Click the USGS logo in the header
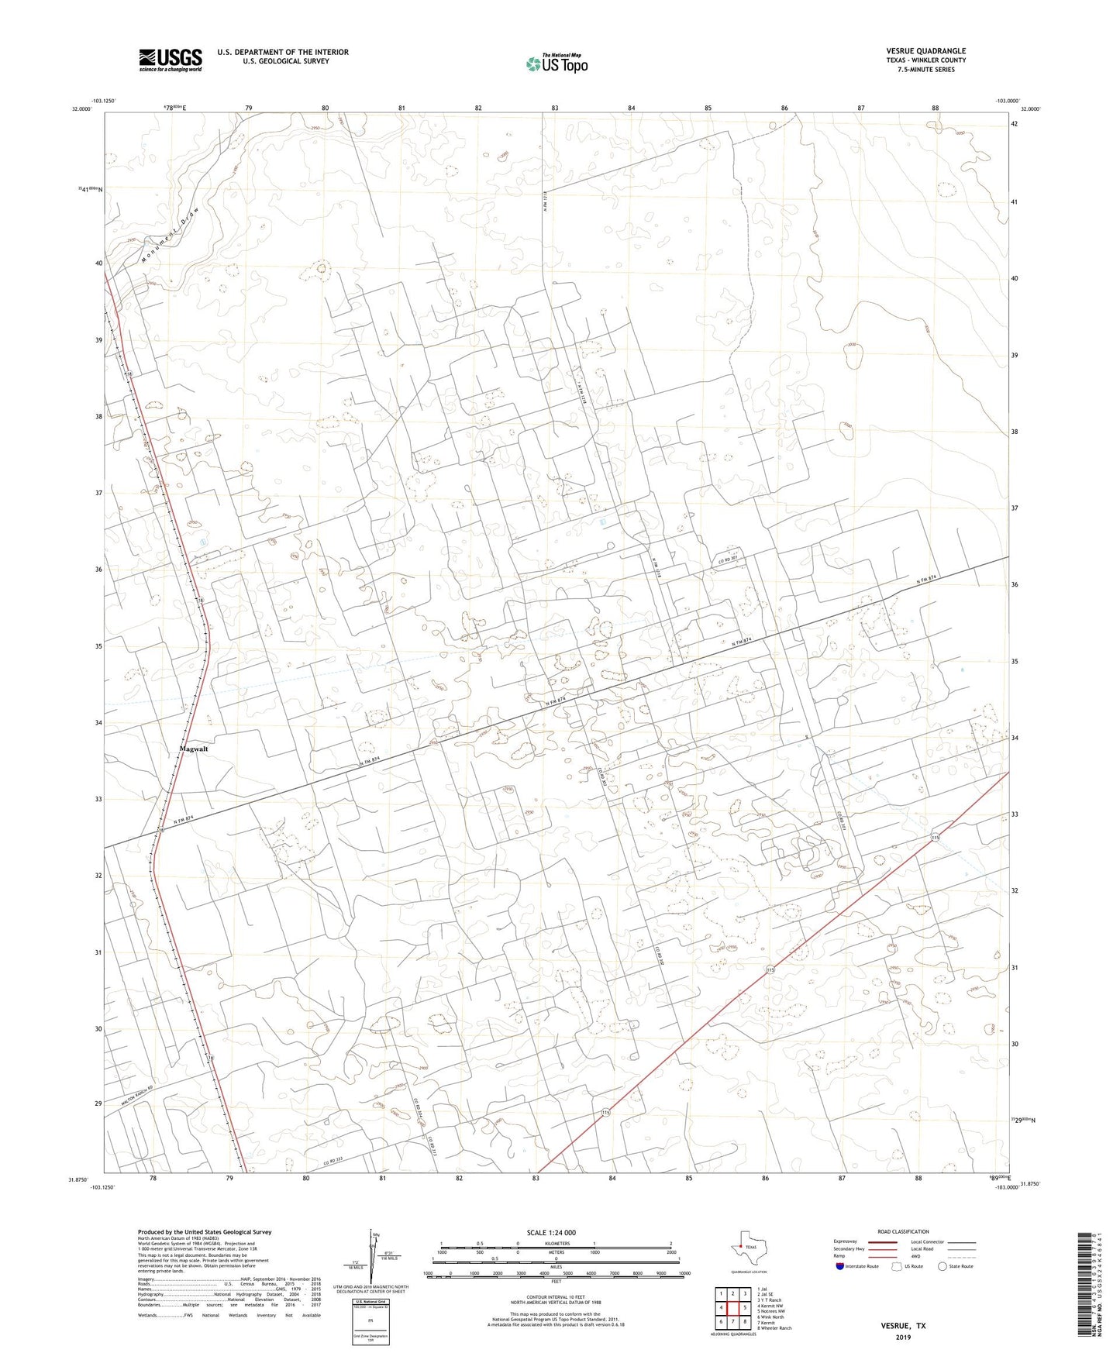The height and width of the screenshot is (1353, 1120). tap(171, 59)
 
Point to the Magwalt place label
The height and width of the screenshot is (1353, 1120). tap(194, 749)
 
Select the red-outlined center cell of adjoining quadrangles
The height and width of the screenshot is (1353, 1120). tap(732, 1308)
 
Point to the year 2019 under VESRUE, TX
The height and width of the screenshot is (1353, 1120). tap(903, 1337)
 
